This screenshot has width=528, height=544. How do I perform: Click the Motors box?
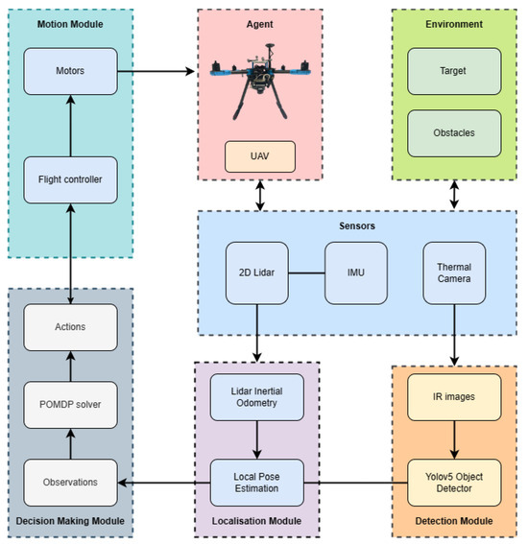[x=70, y=69]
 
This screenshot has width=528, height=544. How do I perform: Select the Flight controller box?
[x=70, y=179]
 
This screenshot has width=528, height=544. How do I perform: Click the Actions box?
[x=70, y=327]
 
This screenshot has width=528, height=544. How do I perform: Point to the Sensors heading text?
[x=356, y=226]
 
